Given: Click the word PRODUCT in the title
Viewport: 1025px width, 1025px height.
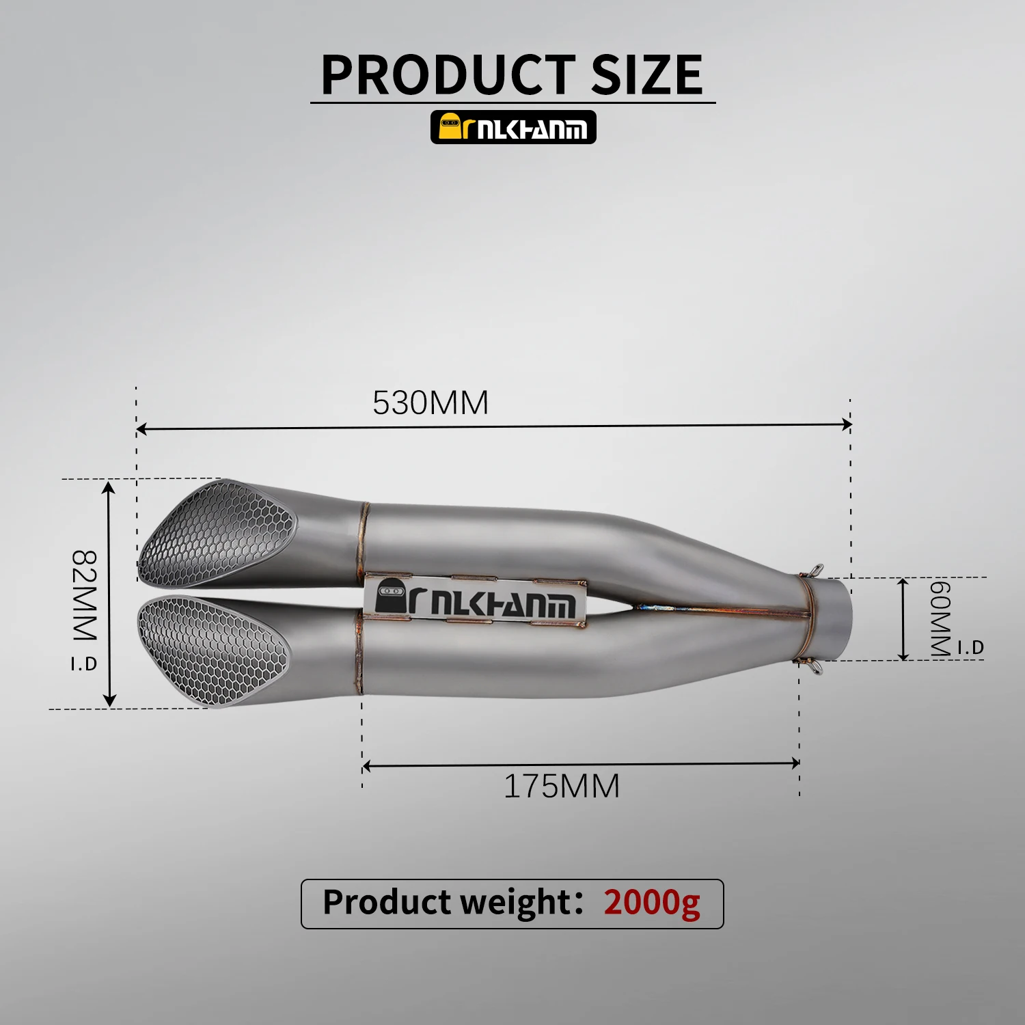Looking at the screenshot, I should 448,74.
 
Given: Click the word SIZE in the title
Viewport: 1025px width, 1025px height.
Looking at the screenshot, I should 646,74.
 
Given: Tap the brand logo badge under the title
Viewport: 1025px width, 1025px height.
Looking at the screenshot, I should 513,127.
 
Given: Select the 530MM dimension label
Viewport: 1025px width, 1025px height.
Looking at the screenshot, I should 430,402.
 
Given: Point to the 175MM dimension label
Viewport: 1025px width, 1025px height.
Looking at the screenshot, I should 562,786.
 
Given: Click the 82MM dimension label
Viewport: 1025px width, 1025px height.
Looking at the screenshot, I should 85,594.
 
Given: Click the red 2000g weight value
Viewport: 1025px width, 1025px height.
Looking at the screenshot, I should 652,903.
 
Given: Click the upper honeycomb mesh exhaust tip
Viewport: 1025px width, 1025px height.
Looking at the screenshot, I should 219,533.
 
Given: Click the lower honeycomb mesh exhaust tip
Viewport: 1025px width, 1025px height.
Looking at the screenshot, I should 212,649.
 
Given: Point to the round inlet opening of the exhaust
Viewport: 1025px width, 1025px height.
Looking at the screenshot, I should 837,618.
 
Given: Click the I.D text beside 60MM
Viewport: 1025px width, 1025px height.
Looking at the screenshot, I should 970,646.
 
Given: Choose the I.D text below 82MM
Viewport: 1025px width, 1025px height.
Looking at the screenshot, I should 84,663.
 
